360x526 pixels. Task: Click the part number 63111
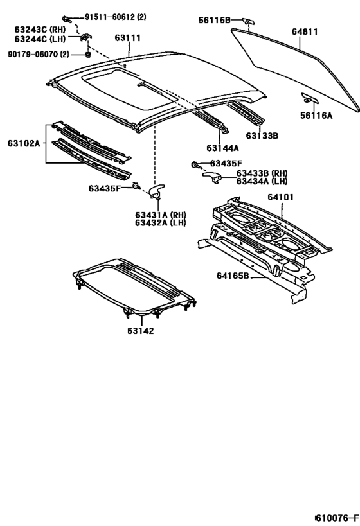(x=128, y=39)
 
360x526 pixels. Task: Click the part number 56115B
(x=214, y=21)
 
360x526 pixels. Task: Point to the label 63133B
(x=262, y=136)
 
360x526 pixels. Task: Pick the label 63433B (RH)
(x=262, y=173)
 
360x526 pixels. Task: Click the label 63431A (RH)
(x=160, y=215)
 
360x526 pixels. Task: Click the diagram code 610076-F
(x=336, y=518)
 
